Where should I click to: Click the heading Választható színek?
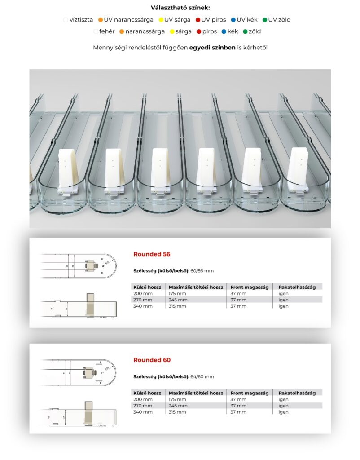[180, 8]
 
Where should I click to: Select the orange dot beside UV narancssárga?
[101, 20]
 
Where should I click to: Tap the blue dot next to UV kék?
[233, 20]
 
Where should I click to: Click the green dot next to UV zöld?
[265, 20]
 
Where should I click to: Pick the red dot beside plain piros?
[199, 31]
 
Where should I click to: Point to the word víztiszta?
[81, 20]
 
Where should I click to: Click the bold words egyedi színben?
[212, 47]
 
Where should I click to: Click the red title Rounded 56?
[152, 254]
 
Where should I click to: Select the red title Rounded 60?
[152, 360]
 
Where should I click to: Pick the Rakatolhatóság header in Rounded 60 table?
[297, 393]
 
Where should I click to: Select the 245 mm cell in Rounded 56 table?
[177, 300]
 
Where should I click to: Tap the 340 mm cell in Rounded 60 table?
[143, 412]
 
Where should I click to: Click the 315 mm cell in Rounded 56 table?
[177, 306]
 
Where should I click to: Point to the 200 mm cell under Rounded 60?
[143, 399]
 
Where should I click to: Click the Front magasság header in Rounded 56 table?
[250, 287]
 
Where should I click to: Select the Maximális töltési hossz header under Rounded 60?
[196, 393]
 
